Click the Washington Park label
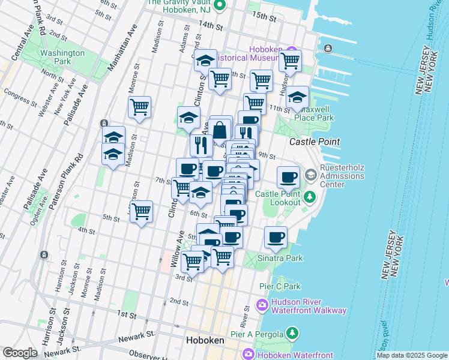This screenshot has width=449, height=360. coord(62,57)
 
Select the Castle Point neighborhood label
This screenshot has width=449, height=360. coord(315,142)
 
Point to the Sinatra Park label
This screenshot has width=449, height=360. coord(281,258)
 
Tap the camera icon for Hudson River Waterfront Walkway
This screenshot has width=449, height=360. coord(262,306)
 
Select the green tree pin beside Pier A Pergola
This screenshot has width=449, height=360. coord(292,332)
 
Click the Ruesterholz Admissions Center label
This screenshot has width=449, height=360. coord(342,176)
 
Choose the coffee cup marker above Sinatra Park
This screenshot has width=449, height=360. coord(276,238)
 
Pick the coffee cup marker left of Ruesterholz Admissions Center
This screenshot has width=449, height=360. coord(288,177)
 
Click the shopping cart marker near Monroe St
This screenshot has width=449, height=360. coord(140,107)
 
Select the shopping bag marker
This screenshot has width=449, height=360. coord(220,129)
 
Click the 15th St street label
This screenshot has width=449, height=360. coord(264,19)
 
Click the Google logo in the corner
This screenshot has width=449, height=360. coord(20,353)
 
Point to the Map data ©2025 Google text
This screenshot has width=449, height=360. coord(411,355)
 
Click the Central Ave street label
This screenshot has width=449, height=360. coord(17,55)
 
